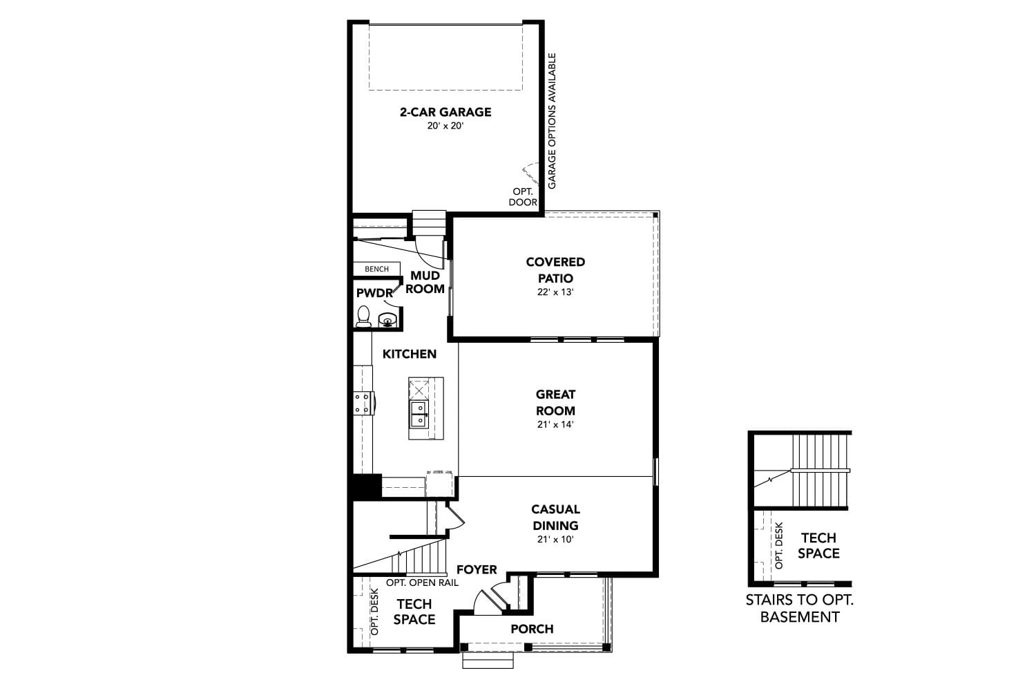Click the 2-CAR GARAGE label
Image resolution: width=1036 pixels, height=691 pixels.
[x=445, y=112]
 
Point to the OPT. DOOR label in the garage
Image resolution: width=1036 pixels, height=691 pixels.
[x=523, y=197]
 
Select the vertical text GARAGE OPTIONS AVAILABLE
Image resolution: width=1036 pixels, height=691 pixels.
[x=552, y=121]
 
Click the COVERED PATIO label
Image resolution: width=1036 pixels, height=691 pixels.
[x=555, y=270]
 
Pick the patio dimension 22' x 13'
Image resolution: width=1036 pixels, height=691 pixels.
[x=555, y=292]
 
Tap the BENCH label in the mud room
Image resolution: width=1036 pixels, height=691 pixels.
[x=376, y=269]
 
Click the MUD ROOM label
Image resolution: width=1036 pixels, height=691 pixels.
[x=425, y=283]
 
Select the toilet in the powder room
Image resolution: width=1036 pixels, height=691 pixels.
[x=363, y=316]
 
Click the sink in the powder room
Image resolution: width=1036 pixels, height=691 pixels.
[x=387, y=319]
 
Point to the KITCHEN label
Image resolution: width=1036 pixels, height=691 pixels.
[x=410, y=354]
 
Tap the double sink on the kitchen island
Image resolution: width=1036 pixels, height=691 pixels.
[x=419, y=415]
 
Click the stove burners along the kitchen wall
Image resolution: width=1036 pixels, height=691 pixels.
[x=362, y=403]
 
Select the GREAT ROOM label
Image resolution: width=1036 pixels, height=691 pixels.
[x=555, y=402]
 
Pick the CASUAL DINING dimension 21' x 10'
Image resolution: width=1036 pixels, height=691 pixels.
[x=555, y=540]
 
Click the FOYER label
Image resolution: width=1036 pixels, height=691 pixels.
[x=477, y=569]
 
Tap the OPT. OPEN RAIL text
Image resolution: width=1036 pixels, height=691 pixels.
[x=422, y=583]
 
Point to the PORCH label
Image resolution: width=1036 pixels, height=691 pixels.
[x=532, y=629]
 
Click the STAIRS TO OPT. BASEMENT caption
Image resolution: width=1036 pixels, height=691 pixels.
[x=800, y=608]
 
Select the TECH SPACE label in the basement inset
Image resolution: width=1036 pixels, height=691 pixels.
[x=818, y=545]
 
